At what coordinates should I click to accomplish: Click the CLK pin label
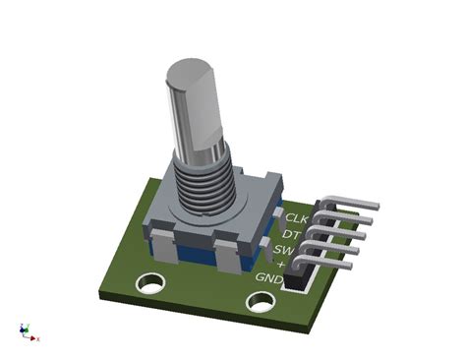pos(297,218)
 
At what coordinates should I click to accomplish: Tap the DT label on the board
pos(292,234)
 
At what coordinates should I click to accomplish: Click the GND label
pos(268,279)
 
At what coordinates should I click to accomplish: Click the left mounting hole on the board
pos(149,284)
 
